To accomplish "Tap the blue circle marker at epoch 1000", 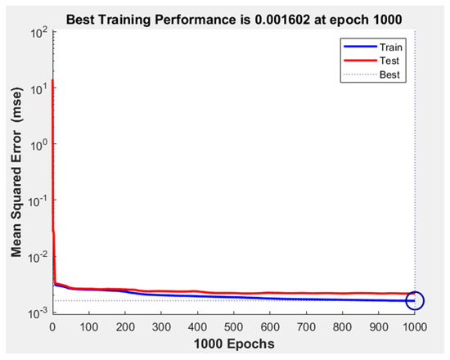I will pyautogui.click(x=415, y=301).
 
